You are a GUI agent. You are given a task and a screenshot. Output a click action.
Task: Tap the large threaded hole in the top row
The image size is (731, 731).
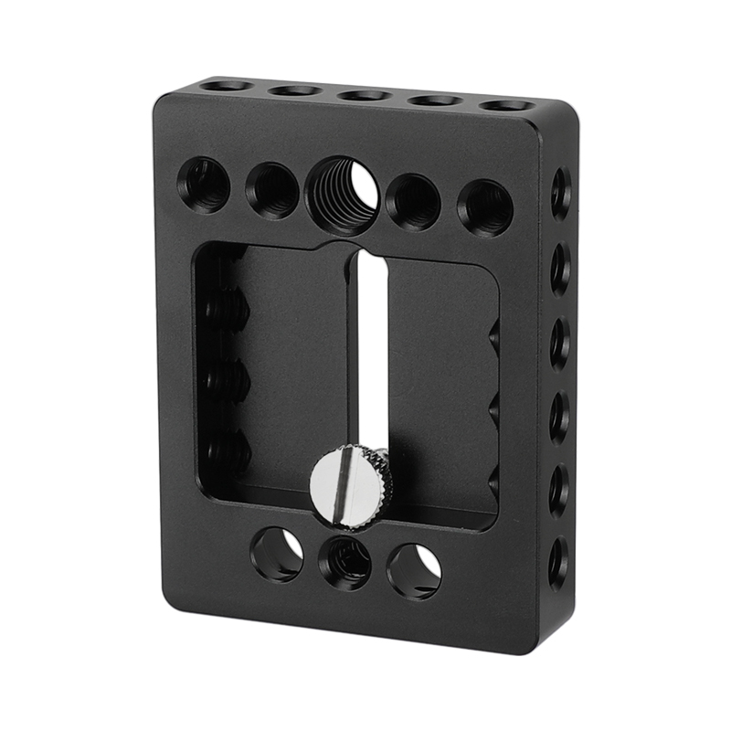[x=343, y=194]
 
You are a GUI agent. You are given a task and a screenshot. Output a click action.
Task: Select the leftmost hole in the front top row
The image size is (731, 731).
[x=203, y=185]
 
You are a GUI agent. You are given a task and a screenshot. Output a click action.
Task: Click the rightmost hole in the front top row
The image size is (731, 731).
[x=485, y=207]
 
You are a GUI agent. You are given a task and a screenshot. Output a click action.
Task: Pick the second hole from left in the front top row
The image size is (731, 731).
[x=271, y=190]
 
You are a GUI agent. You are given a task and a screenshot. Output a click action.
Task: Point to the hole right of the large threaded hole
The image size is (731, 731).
[x=413, y=201]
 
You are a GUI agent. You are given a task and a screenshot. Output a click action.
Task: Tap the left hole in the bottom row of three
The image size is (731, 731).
[x=277, y=554]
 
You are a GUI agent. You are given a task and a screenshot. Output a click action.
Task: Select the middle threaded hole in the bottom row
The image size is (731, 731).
[x=344, y=562]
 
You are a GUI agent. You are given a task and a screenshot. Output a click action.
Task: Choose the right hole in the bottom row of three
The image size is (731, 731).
[x=414, y=571]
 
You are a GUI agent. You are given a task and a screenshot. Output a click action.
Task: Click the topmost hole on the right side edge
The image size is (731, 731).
[x=560, y=193]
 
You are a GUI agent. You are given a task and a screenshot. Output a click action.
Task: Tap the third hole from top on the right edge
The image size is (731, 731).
[x=559, y=344]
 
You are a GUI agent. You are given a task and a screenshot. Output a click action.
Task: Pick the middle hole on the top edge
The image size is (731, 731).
[x=365, y=95]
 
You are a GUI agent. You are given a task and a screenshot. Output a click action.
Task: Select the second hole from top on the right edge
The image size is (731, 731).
[x=560, y=269]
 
